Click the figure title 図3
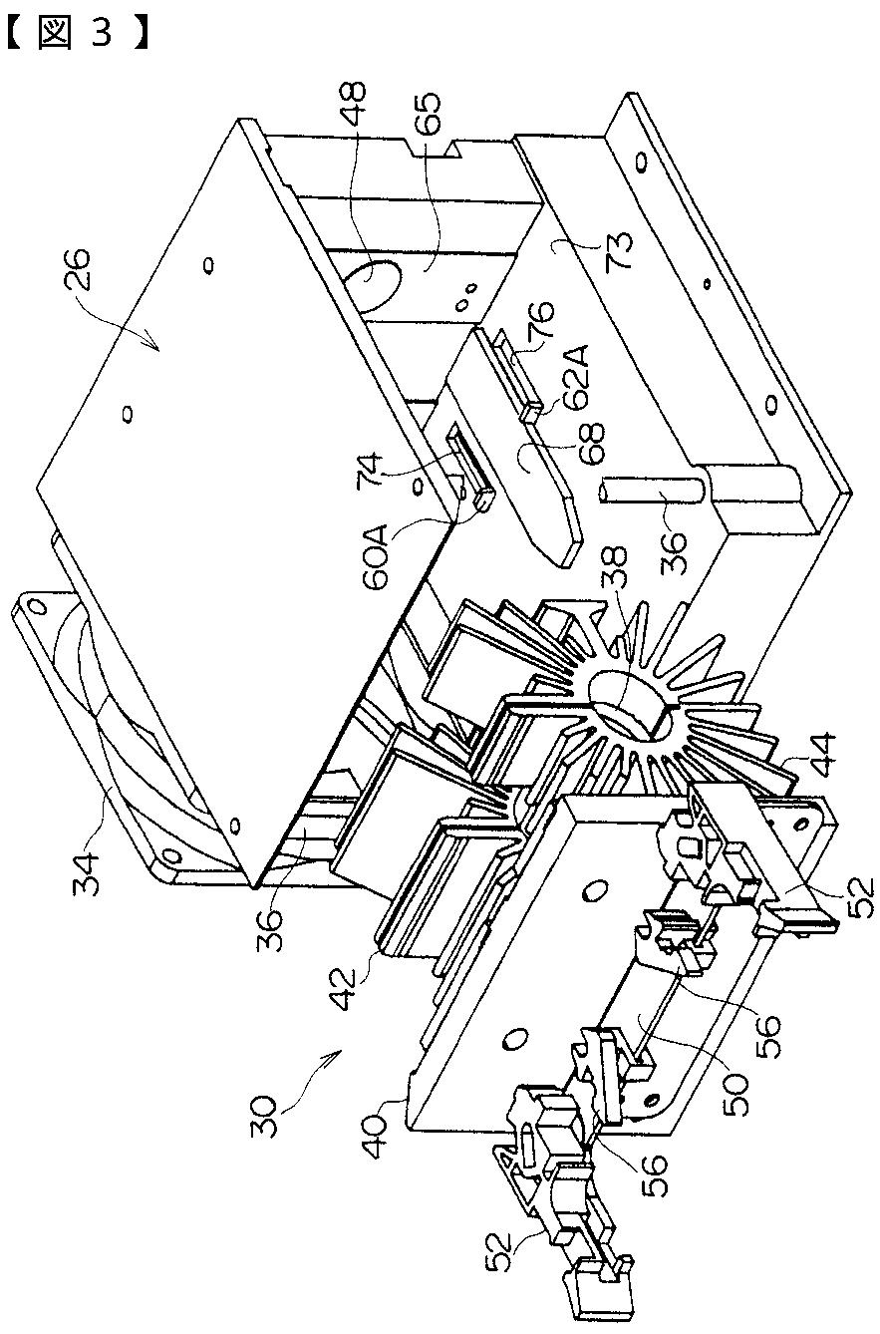pyautogui.click(x=81, y=34)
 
